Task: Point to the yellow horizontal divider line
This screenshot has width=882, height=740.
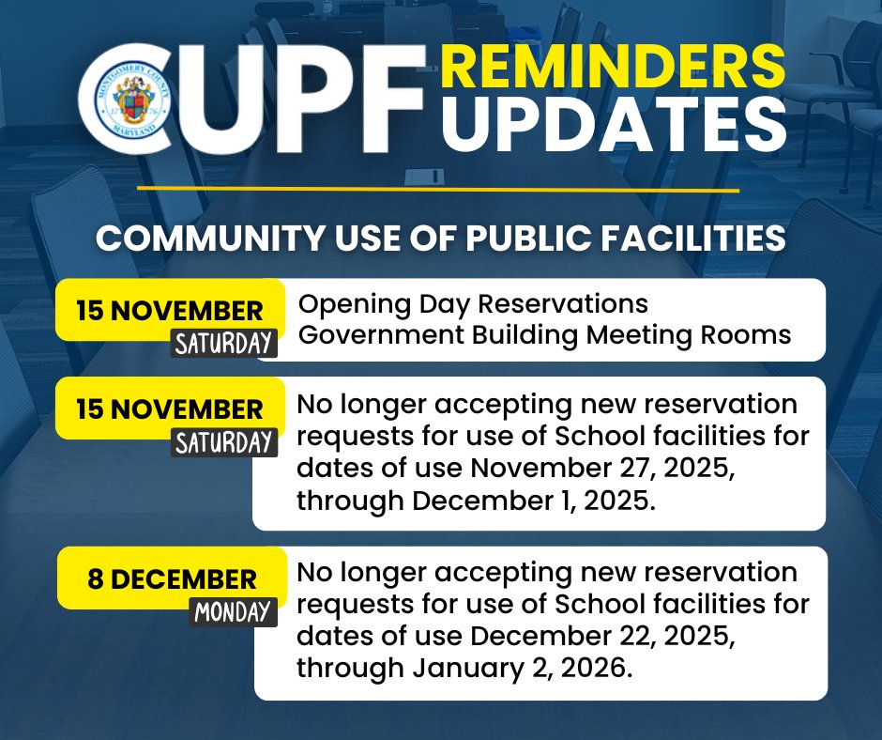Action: [x=438, y=189]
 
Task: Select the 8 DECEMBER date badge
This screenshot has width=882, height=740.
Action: [x=172, y=578]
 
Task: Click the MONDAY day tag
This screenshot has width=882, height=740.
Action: [x=232, y=612]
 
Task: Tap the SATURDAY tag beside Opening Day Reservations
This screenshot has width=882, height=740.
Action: [x=224, y=342]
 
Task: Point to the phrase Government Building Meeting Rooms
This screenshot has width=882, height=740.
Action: [x=544, y=335]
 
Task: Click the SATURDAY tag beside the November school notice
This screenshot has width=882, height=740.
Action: [x=224, y=441]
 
